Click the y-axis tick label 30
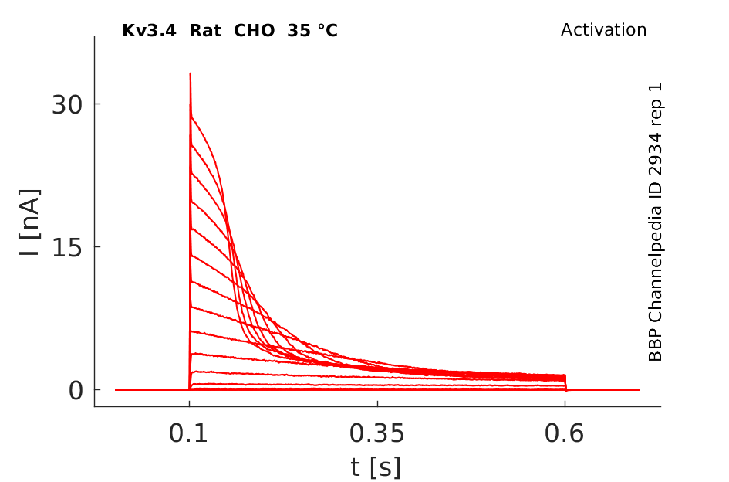tap(67, 105)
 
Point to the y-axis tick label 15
tap(67, 247)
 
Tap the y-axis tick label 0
tap(75, 390)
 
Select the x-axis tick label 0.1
tap(189, 434)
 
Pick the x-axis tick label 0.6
tap(565, 434)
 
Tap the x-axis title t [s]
tap(376, 467)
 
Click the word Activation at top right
tap(603, 30)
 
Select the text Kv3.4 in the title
tap(146, 31)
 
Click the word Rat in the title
tap(198, 31)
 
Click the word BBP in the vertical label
tap(656, 348)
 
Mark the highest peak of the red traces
tap(190, 74)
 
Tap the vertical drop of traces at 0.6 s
tap(565, 382)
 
